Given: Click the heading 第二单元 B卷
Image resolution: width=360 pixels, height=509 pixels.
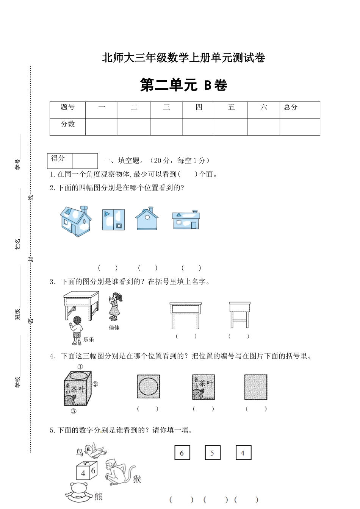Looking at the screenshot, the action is pyautogui.click(x=183, y=85).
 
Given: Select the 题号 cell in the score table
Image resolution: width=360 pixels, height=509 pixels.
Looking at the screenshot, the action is pyautogui.click(x=67, y=108).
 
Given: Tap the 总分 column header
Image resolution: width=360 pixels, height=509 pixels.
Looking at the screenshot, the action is pyautogui.click(x=291, y=108).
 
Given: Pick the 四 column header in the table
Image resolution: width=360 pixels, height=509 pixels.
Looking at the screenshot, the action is pyautogui.click(x=199, y=108).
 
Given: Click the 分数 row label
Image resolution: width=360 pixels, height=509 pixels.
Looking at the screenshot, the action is pyautogui.click(x=67, y=124).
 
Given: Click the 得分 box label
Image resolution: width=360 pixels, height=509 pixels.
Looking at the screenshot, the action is pyautogui.click(x=58, y=159).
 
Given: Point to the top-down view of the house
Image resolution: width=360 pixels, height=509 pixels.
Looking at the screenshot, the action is pyautogui.click(x=113, y=220).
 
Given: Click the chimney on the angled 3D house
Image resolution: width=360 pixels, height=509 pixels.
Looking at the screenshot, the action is pyautogui.click(x=84, y=209).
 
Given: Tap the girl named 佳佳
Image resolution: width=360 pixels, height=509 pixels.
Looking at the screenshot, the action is pyautogui.click(x=115, y=307).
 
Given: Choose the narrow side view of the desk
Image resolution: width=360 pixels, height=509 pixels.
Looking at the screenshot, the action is pyautogui.click(x=239, y=314).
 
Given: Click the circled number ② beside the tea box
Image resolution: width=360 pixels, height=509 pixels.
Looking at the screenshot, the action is pyautogui.click(x=95, y=384).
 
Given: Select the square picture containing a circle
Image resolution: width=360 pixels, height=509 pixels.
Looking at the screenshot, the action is pyautogui.click(x=148, y=386).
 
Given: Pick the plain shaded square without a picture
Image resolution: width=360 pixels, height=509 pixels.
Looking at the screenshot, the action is pyautogui.click(x=256, y=387).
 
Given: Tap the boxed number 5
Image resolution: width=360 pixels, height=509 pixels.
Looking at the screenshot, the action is pyautogui.click(x=212, y=453).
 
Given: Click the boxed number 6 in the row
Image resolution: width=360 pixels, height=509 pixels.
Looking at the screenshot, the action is pyautogui.click(x=182, y=453).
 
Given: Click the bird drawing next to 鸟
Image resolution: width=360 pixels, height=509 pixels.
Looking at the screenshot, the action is pyautogui.click(x=95, y=450).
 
